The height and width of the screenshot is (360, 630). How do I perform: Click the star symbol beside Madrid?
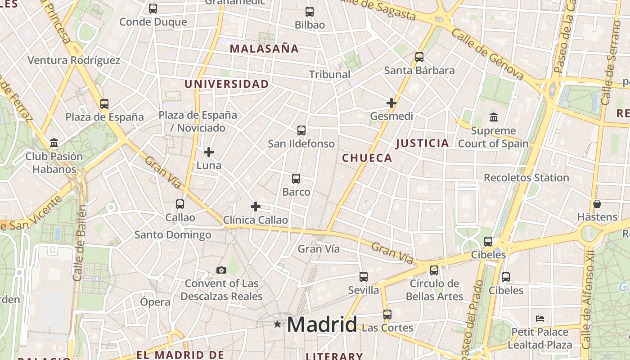point(277,324)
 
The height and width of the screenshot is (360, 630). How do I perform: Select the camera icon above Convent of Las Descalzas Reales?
point(221,270)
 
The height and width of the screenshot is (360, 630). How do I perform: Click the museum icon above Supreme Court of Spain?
point(493,117)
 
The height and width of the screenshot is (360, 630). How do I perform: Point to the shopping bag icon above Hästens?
point(597,204)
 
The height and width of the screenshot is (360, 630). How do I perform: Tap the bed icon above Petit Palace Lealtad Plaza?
point(540,319)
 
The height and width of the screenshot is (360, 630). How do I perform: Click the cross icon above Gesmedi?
point(391,103)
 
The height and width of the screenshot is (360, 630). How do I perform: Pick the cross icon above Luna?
point(209,152)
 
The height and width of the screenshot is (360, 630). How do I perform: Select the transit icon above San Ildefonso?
point(301,130)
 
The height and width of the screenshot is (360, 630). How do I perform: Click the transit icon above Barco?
point(296,179)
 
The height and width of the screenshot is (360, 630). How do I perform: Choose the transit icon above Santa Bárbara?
point(419,57)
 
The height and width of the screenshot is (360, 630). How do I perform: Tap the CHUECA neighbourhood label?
point(367,158)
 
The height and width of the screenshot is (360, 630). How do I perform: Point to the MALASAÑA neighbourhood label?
point(264,49)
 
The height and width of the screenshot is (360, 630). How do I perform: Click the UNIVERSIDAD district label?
point(226,84)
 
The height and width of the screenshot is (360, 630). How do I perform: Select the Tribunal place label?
point(329,75)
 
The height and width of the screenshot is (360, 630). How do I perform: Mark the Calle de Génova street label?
point(488,54)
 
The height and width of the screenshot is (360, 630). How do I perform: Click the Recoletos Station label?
point(526,178)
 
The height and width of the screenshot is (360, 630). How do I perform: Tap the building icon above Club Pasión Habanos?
point(54,143)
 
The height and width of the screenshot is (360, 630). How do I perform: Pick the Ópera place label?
point(155,302)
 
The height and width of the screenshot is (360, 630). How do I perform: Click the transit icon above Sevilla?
point(364,277)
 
